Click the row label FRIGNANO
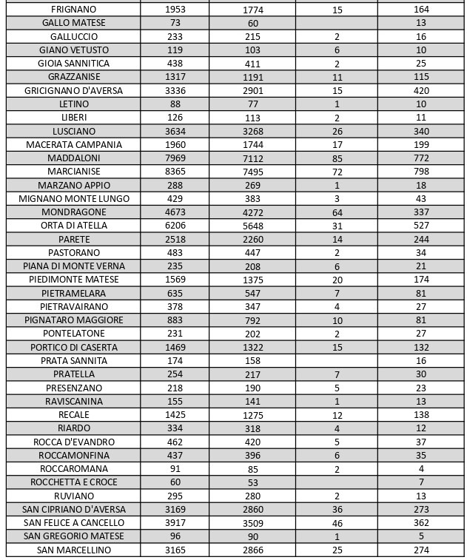pyautogui.click(x=73, y=10)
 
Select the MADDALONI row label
pyautogui.click(x=73, y=158)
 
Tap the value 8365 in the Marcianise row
pyautogui.click(x=175, y=172)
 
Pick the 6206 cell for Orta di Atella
pyautogui.click(x=175, y=226)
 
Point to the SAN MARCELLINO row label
pyautogui.click(x=73, y=550)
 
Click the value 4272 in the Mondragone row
pyautogui.click(x=252, y=212)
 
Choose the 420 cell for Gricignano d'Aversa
pyautogui.click(x=421, y=91)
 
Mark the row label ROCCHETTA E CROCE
pyautogui.click(x=73, y=482)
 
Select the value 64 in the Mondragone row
pyautogui.click(x=337, y=212)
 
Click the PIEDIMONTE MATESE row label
pyautogui.click(x=73, y=280)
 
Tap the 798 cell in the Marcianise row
pyautogui.click(x=421, y=172)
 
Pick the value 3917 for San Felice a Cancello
pyautogui.click(x=175, y=523)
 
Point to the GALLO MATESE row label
pyautogui.click(x=73, y=23)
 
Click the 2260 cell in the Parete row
pyautogui.click(x=252, y=240)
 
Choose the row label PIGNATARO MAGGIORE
pyautogui.click(x=73, y=320)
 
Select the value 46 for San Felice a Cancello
pyautogui.click(x=337, y=523)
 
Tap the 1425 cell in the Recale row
pyautogui.click(x=175, y=415)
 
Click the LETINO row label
pyautogui.click(x=73, y=104)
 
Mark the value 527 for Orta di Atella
pyautogui.click(x=421, y=226)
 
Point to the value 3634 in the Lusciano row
pyautogui.click(x=175, y=132)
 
